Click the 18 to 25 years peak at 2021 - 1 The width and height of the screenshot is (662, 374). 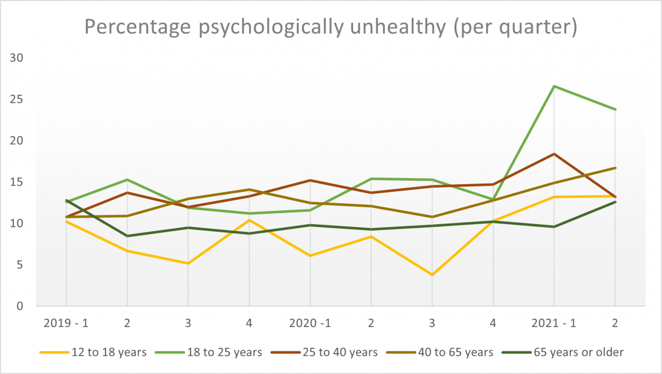click(554, 86)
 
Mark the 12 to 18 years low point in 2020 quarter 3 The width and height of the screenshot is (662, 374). click(432, 275)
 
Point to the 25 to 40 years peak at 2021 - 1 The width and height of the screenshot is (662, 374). click(554, 154)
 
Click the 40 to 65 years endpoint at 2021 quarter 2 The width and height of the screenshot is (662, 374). click(615, 168)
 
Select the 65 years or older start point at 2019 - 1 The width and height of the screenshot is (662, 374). click(66, 200)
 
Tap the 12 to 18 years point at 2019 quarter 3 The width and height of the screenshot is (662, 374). click(188, 263)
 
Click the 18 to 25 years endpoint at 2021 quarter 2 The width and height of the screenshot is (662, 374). click(615, 109)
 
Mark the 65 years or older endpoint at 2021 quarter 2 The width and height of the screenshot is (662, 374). click(615, 202)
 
